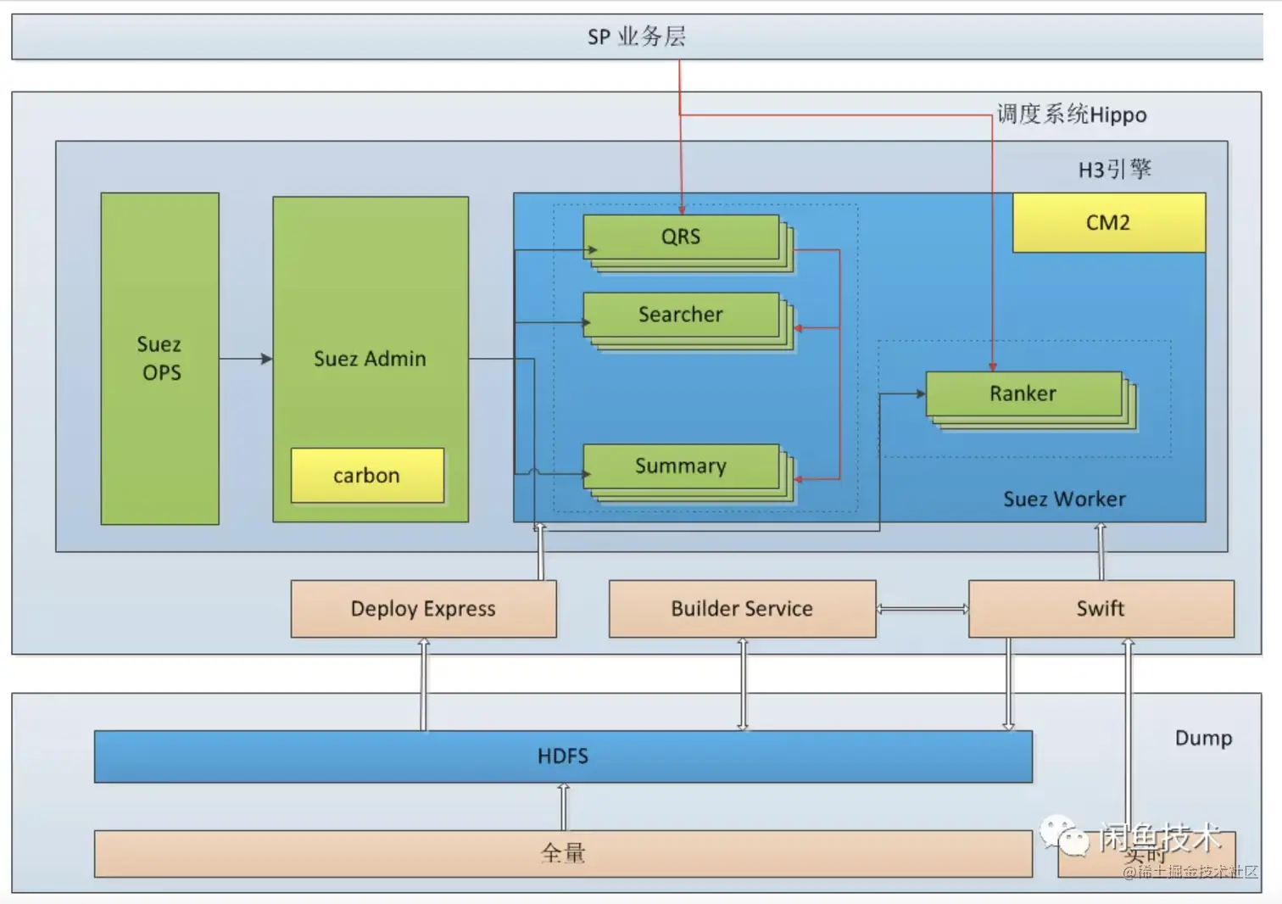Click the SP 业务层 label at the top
point(637,36)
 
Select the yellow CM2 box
point(1108,222)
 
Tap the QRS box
point(681,237)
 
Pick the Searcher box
point(681,315)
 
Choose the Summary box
point(681,466)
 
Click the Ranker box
point(1023,393)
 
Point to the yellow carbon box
point(366,476)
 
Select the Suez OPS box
point(160,358)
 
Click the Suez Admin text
point(370,359)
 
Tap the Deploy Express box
point(423,609)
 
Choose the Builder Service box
point(742,609)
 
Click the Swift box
point(1101,609)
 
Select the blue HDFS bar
point(563,756)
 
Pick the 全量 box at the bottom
point(563,853)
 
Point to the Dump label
point(1203,739)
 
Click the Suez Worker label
point(1064,499)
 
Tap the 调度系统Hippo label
point(1072,114)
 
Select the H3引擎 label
point(1114,170)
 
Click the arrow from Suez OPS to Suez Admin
point(245,359)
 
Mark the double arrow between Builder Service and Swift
point(922,609)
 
